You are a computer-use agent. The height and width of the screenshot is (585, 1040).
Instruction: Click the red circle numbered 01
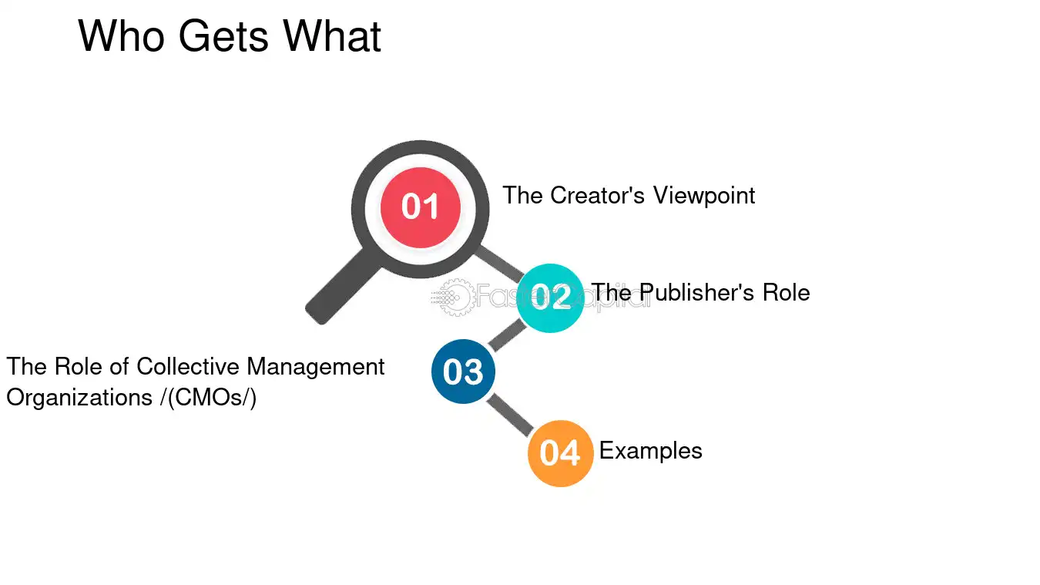pyautogui.click(x=420, y=207)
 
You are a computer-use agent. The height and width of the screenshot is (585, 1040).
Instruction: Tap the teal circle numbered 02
pyautogui.click(x=550, y=298)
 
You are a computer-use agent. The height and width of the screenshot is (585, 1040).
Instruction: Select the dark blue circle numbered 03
pyautogui.click(x=463, y=372)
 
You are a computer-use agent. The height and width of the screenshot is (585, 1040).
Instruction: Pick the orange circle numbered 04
pyautogui.click(x=560, y=453)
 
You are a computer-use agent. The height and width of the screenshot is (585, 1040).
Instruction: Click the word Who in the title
pyautogui.click(x=121, y=36)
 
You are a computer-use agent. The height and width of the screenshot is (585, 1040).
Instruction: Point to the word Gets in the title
pyautogui.click(x=223, y=36)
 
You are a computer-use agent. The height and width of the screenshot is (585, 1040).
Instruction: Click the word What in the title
pyautogui.click(x=332, y=36)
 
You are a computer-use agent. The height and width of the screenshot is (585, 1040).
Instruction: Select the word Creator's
pyautogui.click(x=597, y=195)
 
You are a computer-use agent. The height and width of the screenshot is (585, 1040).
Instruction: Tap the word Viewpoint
pyautogui.click(x=704, y=196)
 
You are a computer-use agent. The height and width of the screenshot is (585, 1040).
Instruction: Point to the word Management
pyautogui.click(x=315, y=368)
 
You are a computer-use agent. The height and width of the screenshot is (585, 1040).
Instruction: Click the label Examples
pyautogui.click(x=650, y=451)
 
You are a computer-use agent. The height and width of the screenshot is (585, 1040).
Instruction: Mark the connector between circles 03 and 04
pyautogui.click(x=510, y=415)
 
